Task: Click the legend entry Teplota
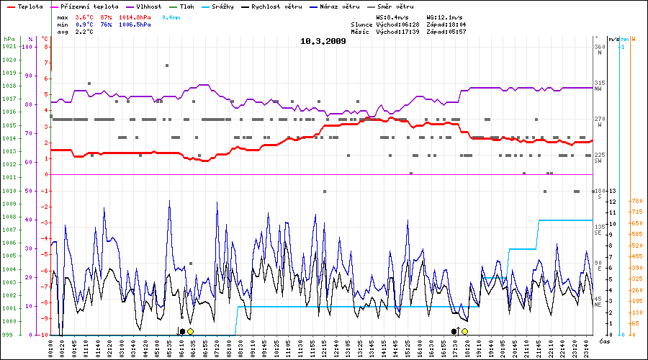pos(26,6)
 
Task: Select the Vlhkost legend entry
pos(147,6)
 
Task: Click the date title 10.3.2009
pos(323,41)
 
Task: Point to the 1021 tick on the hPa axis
pos(8,47)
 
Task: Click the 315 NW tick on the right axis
pos(598,86)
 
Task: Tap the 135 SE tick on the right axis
pos(598,230)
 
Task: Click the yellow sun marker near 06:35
pos(190,331)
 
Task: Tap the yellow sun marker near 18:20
pos(465,331)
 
